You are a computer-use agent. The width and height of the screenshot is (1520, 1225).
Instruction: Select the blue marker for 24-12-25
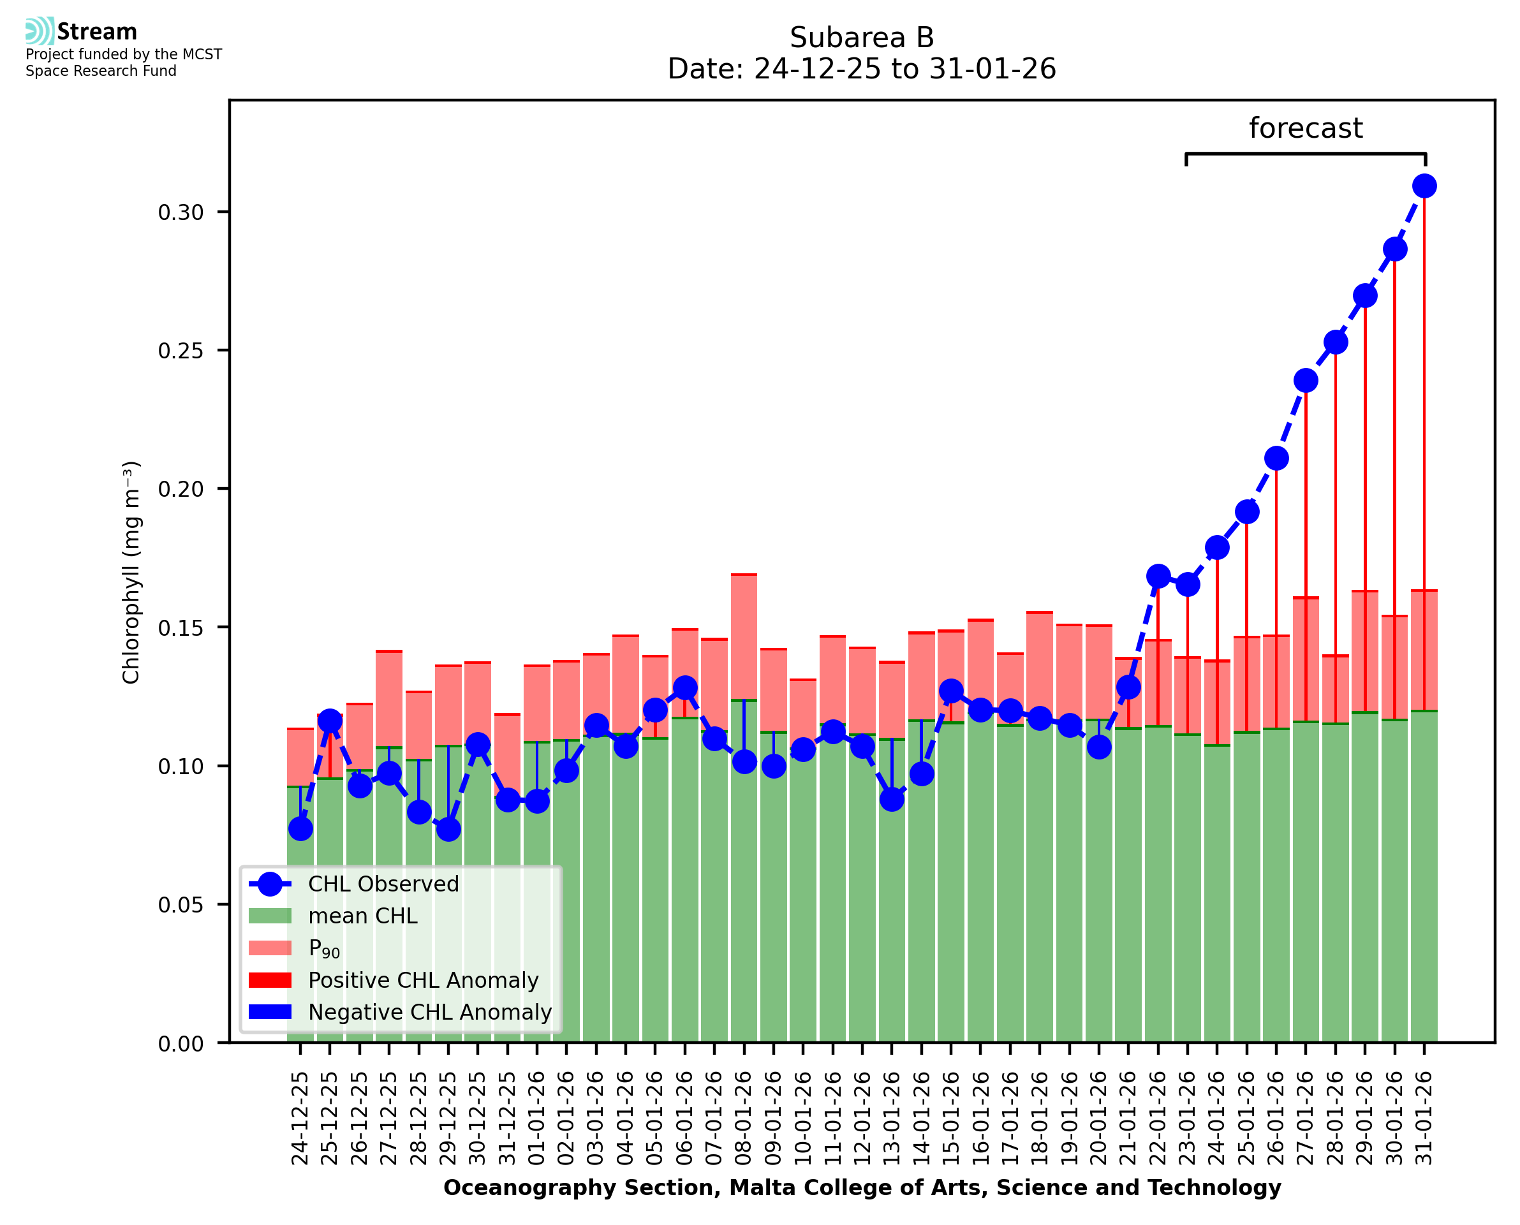coord(300,828)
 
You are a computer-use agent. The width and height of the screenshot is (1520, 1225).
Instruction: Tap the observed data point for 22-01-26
coord(1157,576)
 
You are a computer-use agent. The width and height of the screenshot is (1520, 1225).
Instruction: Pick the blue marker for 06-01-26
coord(684,687)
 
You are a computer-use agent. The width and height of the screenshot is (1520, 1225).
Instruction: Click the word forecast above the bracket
coord(1305,128)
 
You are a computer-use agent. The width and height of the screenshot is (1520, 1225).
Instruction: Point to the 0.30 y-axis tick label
coord(181,212)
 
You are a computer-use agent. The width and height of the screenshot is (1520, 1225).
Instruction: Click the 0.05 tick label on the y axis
coord(181,905)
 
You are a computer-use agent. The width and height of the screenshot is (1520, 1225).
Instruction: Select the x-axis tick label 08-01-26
coord(744,1118)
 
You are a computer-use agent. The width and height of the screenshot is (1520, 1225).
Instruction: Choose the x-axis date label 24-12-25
coord(300,1118)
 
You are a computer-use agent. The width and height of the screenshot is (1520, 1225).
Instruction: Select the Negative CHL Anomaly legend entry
coord(429,1012)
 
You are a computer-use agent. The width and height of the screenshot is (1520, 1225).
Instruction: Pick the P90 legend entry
coord(324,948)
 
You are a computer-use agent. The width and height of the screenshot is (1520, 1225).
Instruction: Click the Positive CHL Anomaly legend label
coord(423,980)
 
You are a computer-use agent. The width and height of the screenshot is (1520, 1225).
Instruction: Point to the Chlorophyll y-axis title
coord(131,572)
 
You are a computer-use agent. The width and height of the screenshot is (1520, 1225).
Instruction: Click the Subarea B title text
coord(861,38)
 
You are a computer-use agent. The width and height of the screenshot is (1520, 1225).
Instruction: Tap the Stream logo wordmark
coord(97,32)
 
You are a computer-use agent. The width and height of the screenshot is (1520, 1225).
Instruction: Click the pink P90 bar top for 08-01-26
coord(744,575)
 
